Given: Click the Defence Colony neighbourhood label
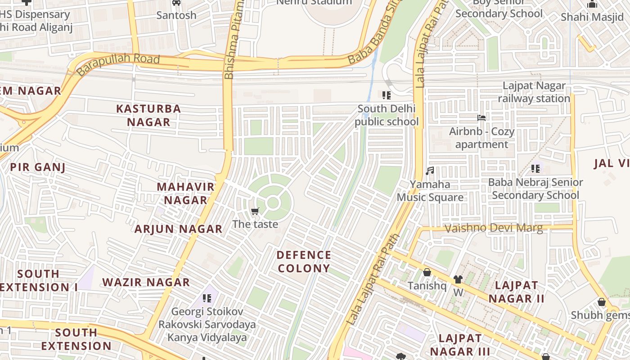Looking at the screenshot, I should point(304,262).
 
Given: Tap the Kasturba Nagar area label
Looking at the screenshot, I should point(148,115).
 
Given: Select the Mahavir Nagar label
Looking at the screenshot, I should point(185,193).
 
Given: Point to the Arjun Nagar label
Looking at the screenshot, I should point(179,229).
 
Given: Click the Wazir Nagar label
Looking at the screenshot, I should point(146,283).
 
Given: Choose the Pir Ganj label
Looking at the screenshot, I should point(38,167).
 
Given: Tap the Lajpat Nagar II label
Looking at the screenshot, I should point(517,292).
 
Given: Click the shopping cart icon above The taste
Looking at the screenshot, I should point(255,211).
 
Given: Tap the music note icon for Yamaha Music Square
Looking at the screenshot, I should point(430,171).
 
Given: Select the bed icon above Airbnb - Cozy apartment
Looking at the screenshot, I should point(481,118).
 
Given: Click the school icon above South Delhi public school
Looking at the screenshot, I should point(386,95).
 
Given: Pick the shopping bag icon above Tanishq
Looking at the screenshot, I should point(427,272).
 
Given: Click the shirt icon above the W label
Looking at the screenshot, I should point(458,279).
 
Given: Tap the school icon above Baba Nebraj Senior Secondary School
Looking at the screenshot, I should point(535,169).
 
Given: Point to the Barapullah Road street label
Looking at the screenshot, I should point(118,64).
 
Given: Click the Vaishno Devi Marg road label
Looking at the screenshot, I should point(493,228).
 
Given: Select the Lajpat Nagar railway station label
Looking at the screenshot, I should point(534,92).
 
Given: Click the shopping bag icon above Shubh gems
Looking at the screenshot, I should point(601,302).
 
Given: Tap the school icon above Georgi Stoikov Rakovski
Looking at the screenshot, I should point(207,298).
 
